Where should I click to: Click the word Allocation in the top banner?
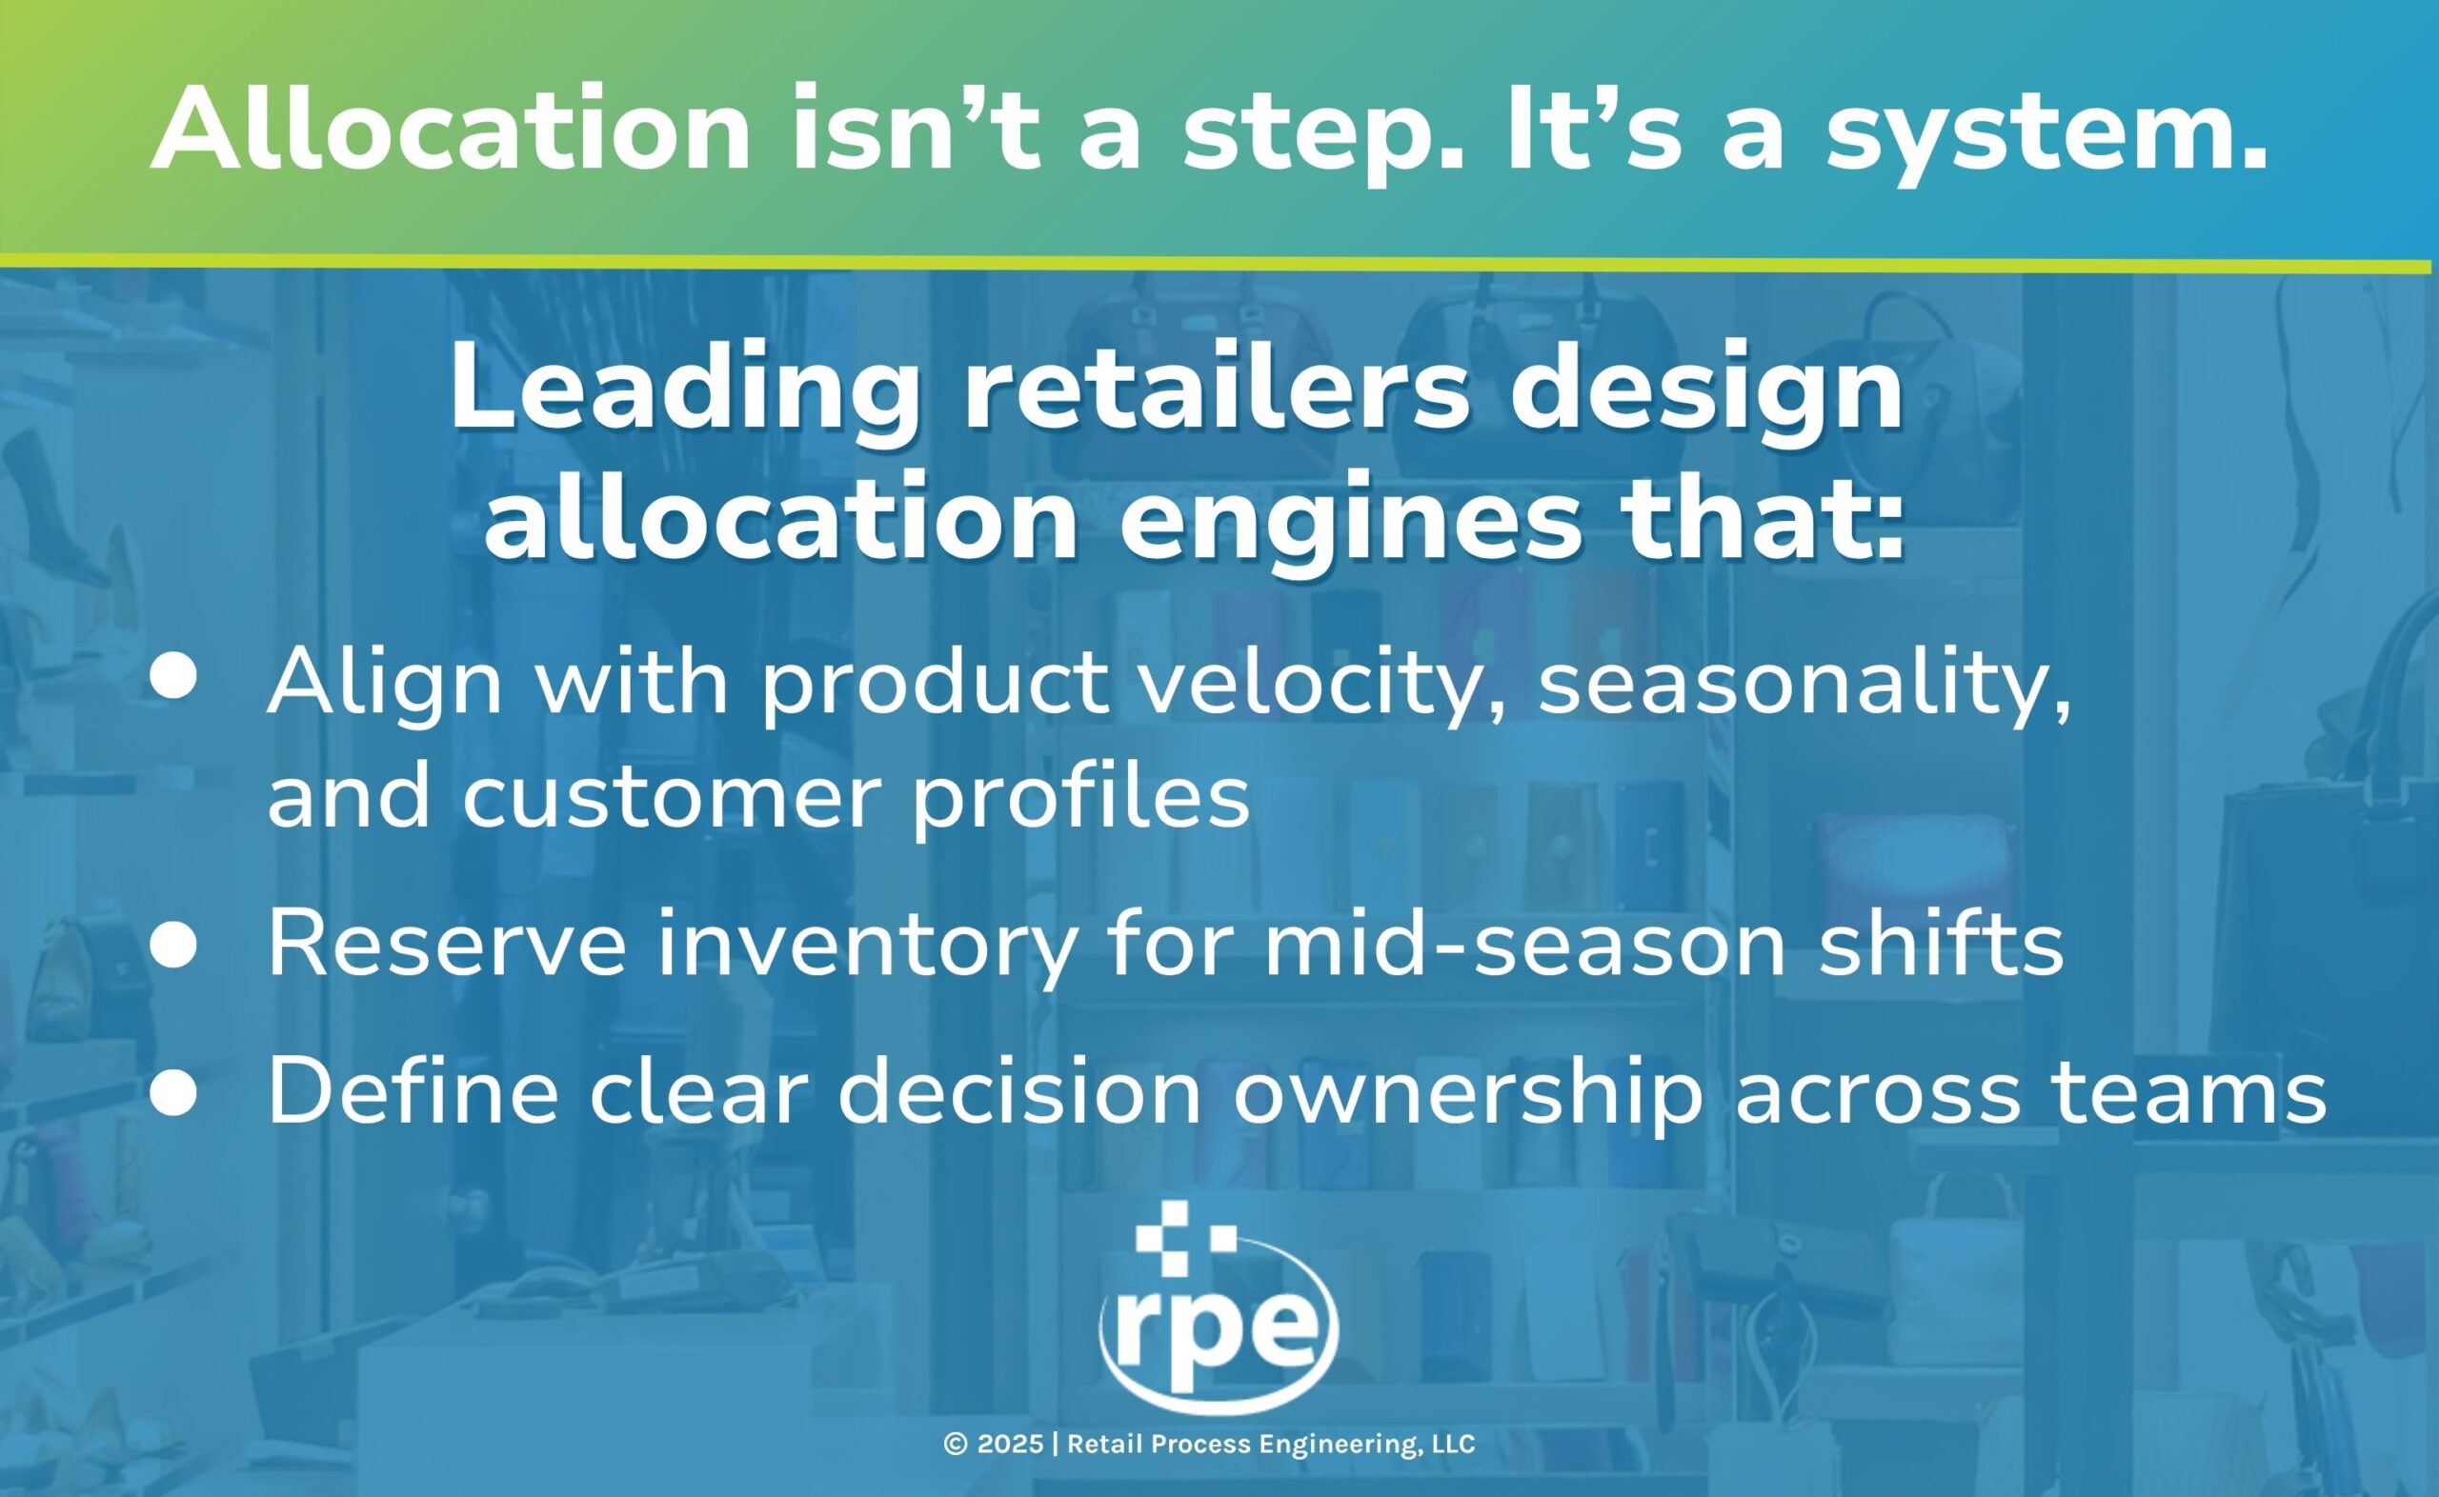tap(452, 130)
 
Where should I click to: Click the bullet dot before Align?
tap(174, 682)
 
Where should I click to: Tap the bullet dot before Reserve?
tap(174, 945)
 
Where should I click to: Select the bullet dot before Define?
tap(174, 1096)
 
